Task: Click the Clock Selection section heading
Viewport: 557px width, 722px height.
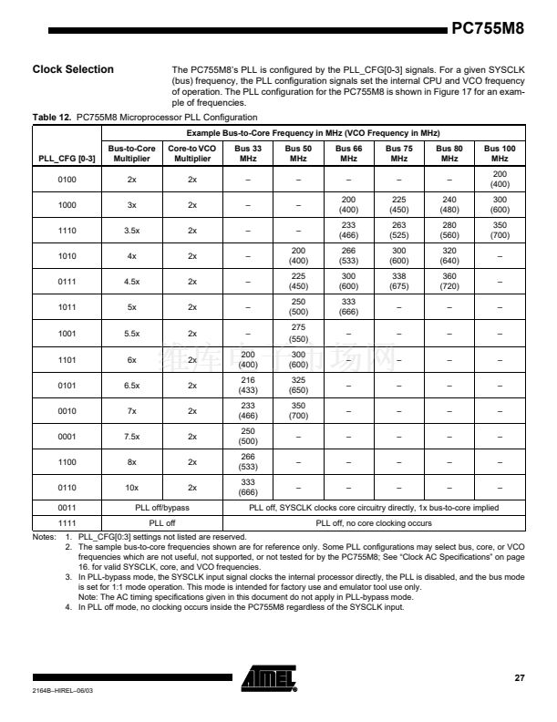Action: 73,69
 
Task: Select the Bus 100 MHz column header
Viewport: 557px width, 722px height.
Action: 500,152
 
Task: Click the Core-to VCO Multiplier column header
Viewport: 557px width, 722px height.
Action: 192,152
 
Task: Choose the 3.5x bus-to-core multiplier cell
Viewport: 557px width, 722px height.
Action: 131,231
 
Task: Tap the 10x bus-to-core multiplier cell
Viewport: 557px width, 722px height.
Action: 131,487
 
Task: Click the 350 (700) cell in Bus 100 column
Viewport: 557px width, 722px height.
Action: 500,231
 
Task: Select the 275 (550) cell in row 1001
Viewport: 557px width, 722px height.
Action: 298,333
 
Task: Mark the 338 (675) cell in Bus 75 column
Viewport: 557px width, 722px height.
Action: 398,282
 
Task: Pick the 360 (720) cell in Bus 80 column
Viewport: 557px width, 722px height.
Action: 449,282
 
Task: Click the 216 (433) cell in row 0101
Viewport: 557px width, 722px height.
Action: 248,385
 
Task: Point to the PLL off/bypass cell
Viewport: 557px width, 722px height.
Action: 162,507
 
